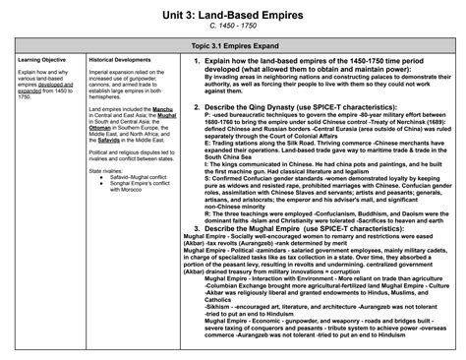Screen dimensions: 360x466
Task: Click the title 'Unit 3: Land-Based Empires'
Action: point(233,11)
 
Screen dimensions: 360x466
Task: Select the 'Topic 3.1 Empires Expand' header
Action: point(233,46)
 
